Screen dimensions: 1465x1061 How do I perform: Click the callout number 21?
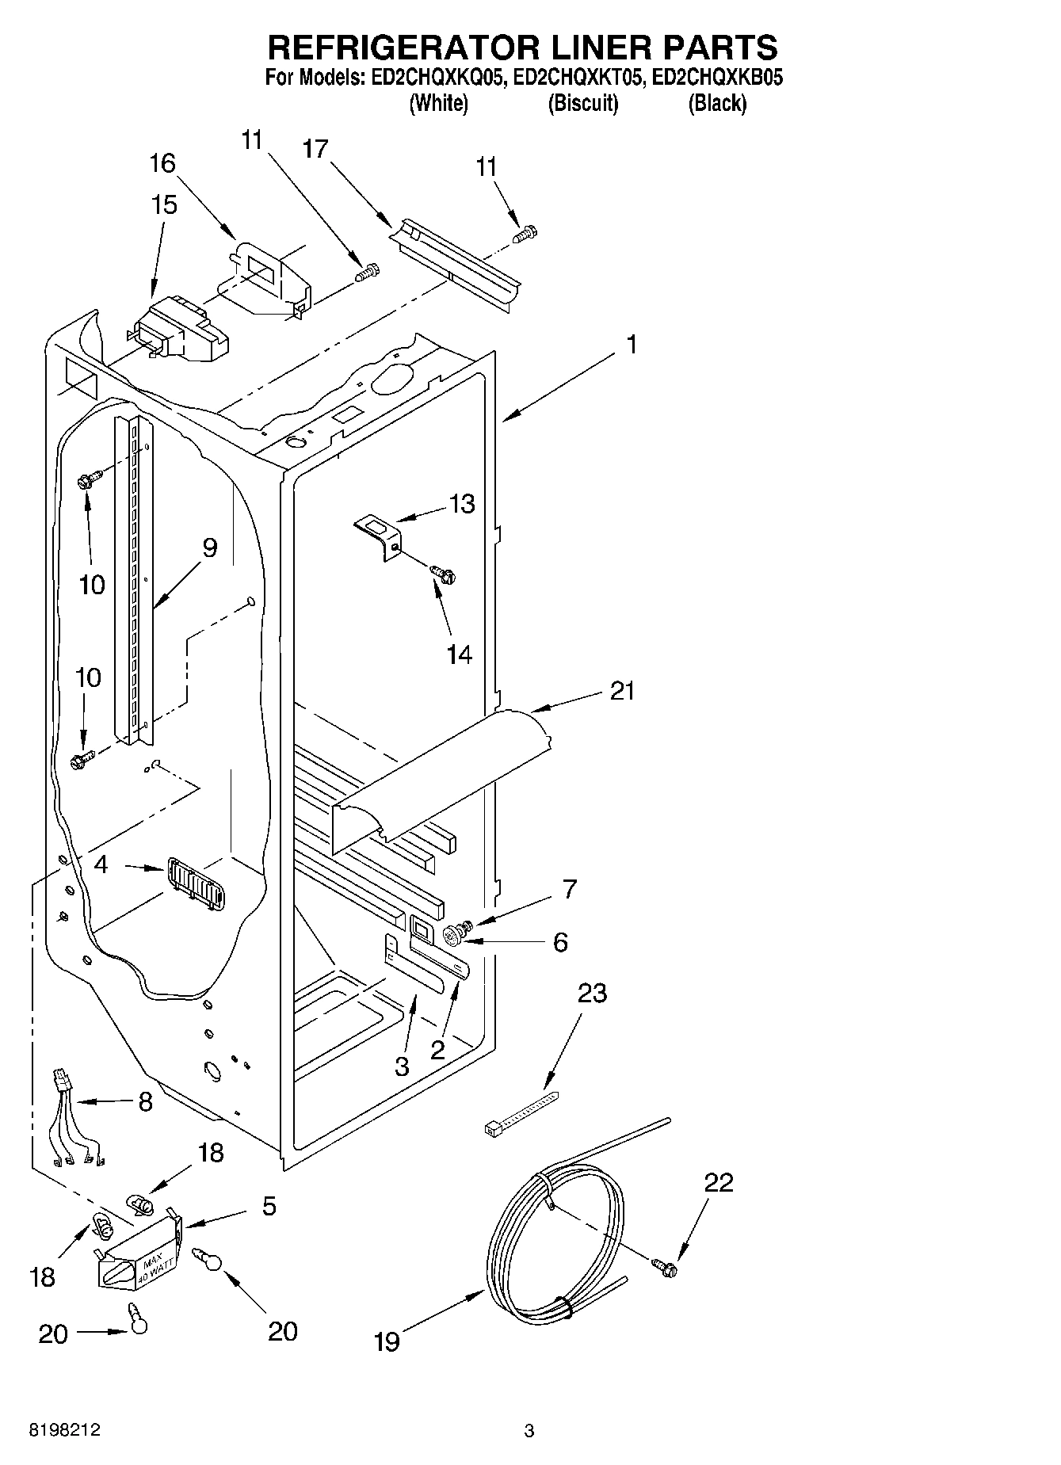click(622, 691)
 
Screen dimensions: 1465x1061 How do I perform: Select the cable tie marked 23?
click(520, 1114)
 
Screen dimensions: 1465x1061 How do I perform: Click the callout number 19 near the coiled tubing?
click(387, 1341)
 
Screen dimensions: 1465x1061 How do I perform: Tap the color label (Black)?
click(716, 103)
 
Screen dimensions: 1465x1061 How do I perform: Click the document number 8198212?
click(65, 1430)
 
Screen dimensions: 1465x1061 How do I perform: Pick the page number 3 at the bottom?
click(529, 1431)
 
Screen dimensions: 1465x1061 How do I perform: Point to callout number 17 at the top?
click(315, 148)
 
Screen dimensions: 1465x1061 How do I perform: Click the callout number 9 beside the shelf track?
click(209, 547)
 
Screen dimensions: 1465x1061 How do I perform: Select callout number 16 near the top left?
click(162, 164)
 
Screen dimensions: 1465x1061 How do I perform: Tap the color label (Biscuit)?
click(582, 103)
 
